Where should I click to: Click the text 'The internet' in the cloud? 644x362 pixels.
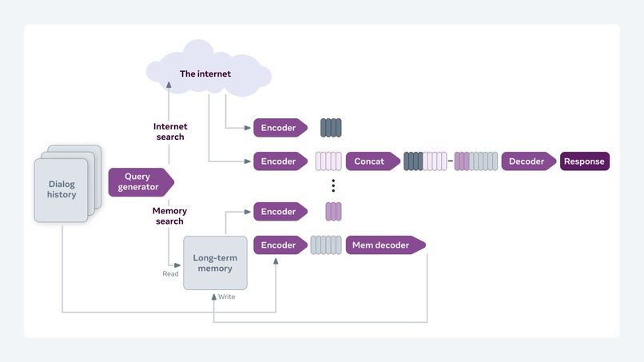[205, 74]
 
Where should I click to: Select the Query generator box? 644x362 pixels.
[137, 182]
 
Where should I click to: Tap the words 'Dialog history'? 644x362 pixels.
[62, 189]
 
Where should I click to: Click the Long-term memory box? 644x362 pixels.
[215, 263]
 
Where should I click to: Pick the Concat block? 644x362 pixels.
[368, 161]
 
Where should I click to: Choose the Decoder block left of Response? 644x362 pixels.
[527, 161]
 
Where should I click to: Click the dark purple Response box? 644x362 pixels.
[584, 161]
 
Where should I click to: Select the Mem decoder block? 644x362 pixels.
[382, 245]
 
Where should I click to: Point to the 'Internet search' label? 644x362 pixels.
[169, 132]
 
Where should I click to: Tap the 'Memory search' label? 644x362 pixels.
[169, 216]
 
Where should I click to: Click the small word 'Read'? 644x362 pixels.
[170, 273]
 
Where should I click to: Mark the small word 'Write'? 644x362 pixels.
[227, 296]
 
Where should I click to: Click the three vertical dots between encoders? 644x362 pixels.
[333, 186]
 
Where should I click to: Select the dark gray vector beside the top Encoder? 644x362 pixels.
[331, 128]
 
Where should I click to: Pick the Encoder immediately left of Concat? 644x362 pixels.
[279, 161]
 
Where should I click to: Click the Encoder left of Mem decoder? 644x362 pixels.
[279, 245]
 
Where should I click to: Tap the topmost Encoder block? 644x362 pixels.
[279, 128]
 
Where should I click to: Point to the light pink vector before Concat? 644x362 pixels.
[328, 161]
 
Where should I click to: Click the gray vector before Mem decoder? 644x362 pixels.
[325, 245]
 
